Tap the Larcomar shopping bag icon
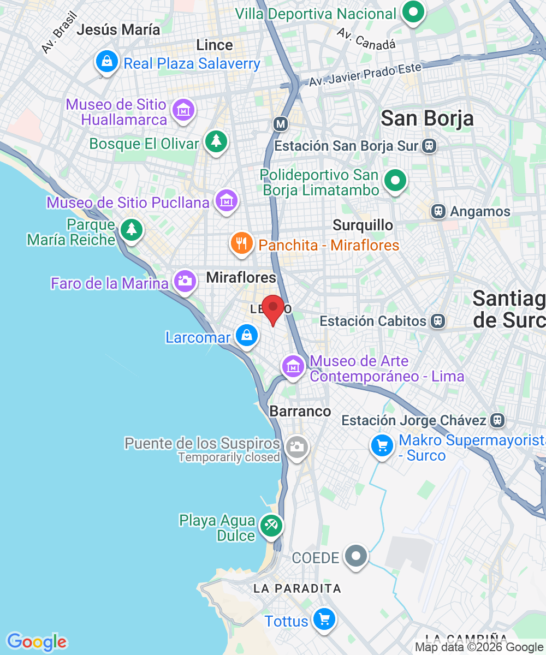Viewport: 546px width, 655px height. [247, 336]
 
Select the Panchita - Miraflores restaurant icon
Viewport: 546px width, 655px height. [241, 243]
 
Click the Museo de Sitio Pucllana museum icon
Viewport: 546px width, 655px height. [226, 200]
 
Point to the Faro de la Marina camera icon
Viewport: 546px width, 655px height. [185, 281]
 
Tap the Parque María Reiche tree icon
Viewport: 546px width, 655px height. [131, 229]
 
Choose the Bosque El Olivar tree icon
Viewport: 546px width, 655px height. [216, 141]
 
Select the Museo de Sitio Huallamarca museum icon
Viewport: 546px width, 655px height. [183, 110]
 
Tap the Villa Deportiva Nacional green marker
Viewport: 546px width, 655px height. [413, 11]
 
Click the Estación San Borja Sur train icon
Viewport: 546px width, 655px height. [429, 146]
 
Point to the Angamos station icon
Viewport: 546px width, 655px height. [438, 211]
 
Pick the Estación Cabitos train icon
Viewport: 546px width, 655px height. [437, 321]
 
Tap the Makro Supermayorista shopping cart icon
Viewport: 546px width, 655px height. [382, 446]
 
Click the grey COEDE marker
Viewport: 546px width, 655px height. [357, 556]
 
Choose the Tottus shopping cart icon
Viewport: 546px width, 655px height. [324, 619]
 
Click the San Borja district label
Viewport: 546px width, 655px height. [427, 118]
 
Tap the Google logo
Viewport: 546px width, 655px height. [36, 642]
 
